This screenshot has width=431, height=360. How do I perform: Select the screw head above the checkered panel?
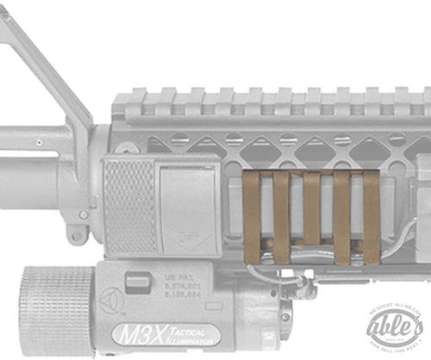[132, 148]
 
